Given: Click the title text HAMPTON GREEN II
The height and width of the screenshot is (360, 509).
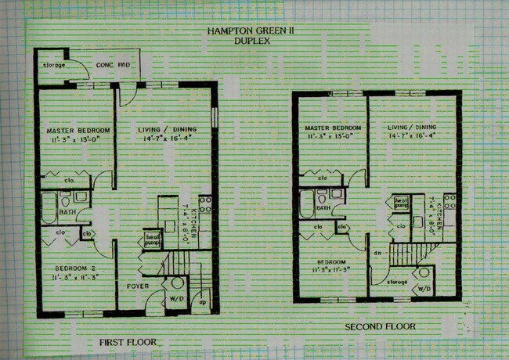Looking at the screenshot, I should (251, 31).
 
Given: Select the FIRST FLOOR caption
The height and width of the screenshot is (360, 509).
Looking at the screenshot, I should (128, 342).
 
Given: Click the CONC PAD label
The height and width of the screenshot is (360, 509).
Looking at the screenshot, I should (111, 65).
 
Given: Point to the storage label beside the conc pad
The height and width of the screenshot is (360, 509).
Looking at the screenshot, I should (54, 65).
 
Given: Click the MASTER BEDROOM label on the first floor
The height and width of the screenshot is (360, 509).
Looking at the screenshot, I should (78, 130).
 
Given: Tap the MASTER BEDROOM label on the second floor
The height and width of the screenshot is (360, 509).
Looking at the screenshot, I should (333, 128).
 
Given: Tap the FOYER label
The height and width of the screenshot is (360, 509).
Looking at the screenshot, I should (138, 286).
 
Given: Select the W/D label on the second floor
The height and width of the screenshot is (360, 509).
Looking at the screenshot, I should (424, 288).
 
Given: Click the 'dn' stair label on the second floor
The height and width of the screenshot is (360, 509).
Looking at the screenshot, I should (377, 253).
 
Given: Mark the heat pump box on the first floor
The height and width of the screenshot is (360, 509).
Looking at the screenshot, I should (151, 238).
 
